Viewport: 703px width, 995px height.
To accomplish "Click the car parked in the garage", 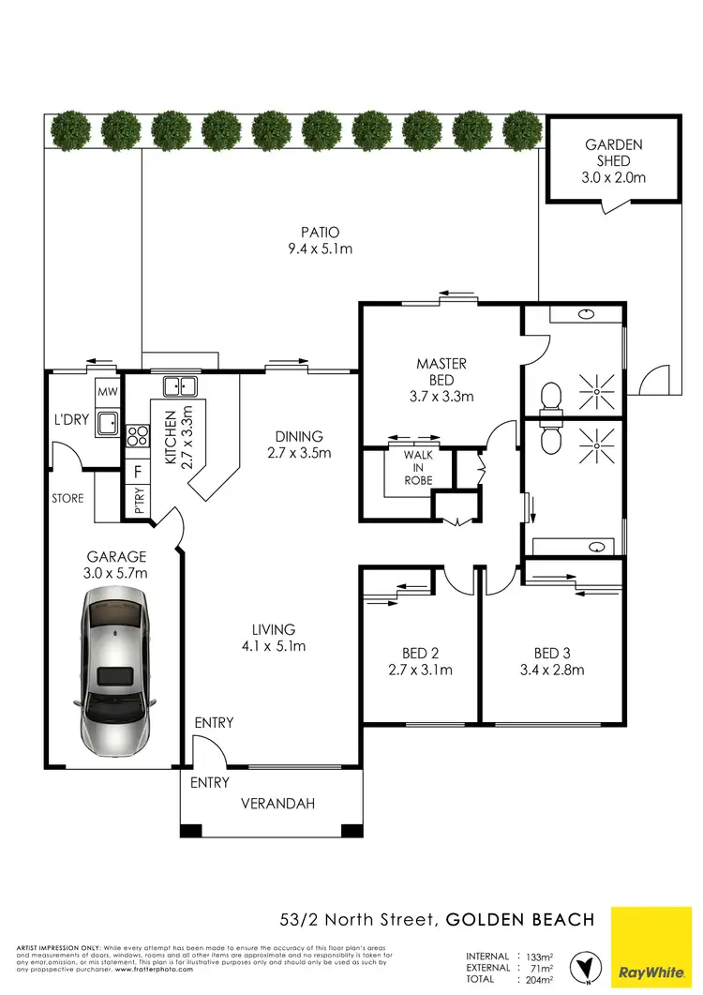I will [117, 671].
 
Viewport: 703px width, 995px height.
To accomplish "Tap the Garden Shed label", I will [614, 160].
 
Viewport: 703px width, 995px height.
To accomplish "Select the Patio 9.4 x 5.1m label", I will [320, 240].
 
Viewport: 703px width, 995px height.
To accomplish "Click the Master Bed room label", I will [441, 379].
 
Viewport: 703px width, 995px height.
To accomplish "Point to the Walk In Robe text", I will [418, 468].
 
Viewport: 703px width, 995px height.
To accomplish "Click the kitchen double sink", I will [178, 385].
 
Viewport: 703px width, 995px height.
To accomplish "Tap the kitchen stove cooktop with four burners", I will [137, 435].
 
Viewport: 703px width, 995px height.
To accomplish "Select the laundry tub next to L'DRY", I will [109, 423].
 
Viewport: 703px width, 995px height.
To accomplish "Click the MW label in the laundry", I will [106, 392].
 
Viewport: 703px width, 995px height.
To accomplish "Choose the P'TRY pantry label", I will [137, 502].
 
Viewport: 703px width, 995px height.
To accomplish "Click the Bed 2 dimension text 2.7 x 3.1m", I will [420, 670].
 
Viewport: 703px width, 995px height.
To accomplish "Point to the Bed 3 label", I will [552, 654].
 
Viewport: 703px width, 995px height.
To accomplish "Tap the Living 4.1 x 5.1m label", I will [273, 638].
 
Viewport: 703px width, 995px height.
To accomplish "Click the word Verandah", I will [277, 804].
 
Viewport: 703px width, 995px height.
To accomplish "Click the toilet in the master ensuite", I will [551, 397].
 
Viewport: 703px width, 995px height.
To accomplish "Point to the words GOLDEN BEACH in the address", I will [520, 920].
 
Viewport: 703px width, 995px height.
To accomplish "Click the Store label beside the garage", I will [67, 499].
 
